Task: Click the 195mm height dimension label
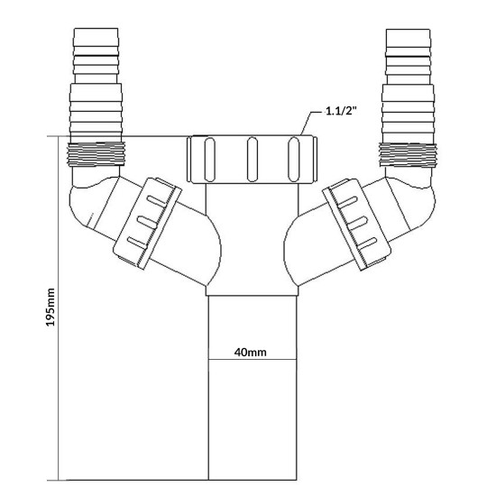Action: tap(51, 308)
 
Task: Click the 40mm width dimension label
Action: tap(250, 352)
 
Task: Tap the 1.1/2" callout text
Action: tap(341, 111)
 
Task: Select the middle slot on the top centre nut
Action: tap(253, 159)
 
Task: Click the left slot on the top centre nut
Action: tap(210, 159)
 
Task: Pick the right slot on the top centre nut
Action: tap(294, 159)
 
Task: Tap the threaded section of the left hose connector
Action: tap(96, 154)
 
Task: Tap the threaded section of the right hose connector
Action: tap(408, 154)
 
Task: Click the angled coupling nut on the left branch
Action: tap(147, 224)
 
